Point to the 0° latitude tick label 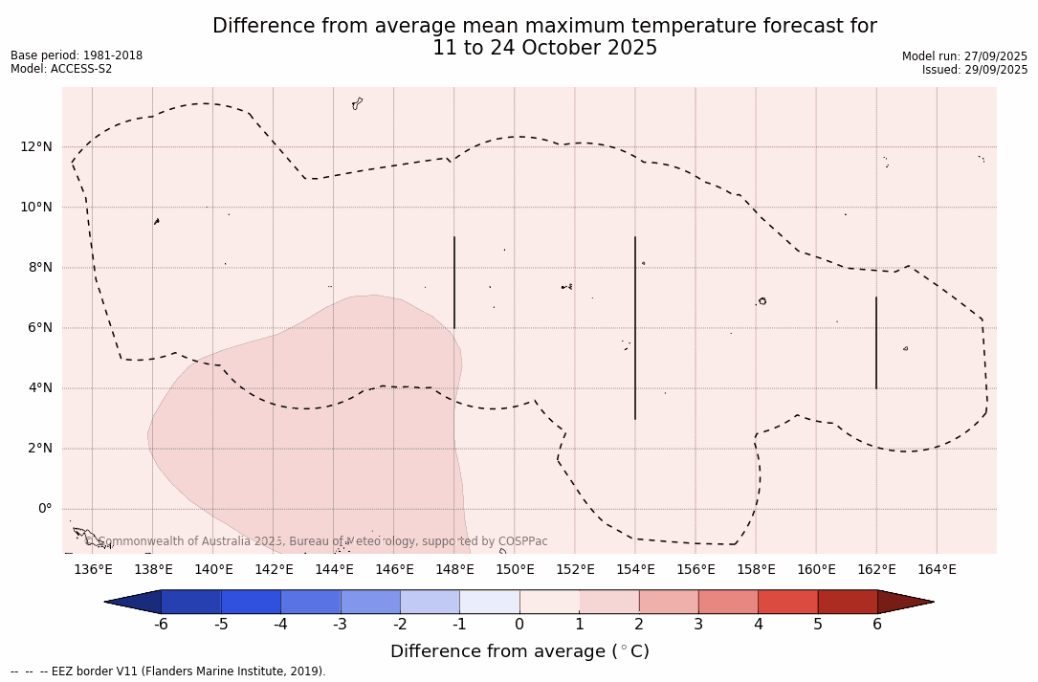click(x=43, y=509)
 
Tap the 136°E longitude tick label click(x=93, y=570)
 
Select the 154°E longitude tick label click(x=635, y=570)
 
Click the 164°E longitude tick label click(x=937, y=570)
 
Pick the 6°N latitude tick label click(x=40, y=327)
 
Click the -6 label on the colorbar click(x=161, y=625)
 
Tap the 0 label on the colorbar click(x=519, y=625)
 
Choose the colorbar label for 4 click(x=758, y=625)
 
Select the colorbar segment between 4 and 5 click(x=787, y=602)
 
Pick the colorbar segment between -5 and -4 click(x=251, y=602)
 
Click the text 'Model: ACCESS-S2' click(x=61, y=69)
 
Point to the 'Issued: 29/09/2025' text click(x=975, y=70)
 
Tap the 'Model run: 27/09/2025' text click(x=964, y=56)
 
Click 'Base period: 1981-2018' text click(x=77, y=55)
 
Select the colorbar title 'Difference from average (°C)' click(x=519, y=651)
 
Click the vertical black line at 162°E click(x=876, y=342)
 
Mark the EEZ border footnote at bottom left click(x=168, y=671)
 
